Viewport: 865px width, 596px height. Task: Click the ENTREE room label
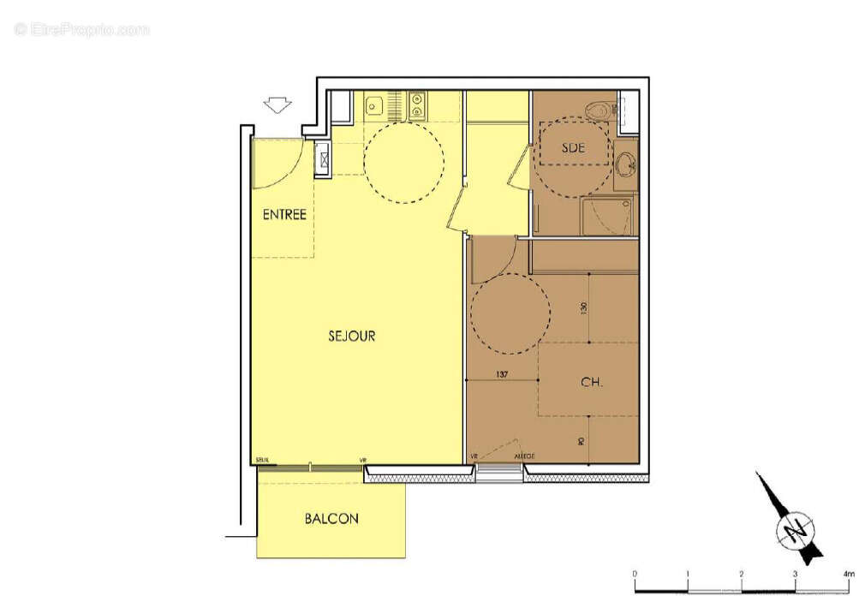[x=284, y=215]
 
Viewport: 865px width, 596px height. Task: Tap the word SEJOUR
[x=351, y=337]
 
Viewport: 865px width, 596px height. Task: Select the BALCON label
[x=331, y=519]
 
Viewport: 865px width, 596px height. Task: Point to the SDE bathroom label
[x=573, y=147]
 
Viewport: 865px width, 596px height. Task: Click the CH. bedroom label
[x=591, y=383]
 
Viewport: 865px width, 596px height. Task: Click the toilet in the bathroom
[x=599, y=110]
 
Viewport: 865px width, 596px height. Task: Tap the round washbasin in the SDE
[x=625, y=163]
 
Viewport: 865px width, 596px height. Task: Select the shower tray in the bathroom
[x=607, y=216]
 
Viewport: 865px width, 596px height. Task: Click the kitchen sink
[x=373, y=106]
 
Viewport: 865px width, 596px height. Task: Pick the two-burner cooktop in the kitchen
[x=417, y=105]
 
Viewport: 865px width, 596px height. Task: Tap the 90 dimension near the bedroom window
[x=582, y=441]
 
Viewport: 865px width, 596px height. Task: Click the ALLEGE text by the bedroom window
[x=524, y=456]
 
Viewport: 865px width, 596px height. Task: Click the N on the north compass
[x=790, y=531]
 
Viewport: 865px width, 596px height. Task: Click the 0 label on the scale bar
[x=635, y=574]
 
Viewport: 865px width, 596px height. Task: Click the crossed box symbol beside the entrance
[x=323, y=157]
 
